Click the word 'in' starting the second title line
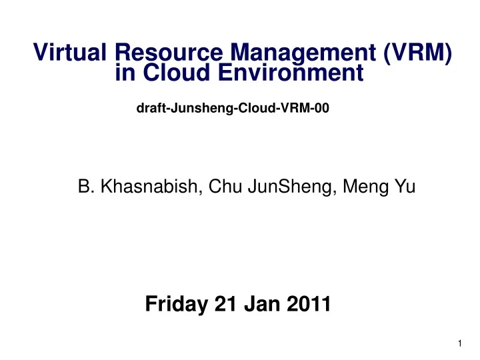[x=125, y=73]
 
